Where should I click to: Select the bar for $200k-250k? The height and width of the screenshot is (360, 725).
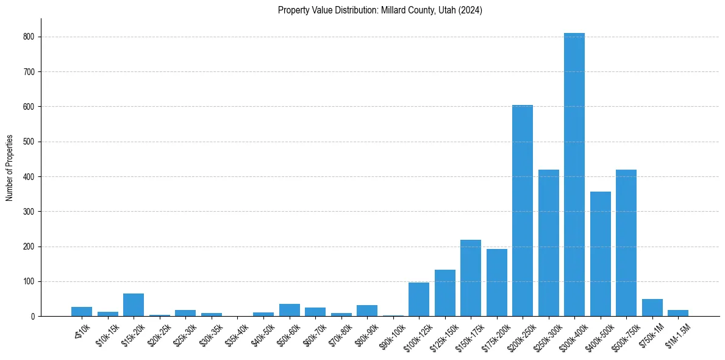pyautogui.click(x=522, y=211)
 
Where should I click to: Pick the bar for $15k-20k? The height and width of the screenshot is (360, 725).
pyautogui.click(x=134, y=305)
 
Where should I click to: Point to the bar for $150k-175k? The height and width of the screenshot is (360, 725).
pyautogui.click(x=470, y=278)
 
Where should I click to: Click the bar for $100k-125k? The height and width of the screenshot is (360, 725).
pyautogui.click(x=418, y=300)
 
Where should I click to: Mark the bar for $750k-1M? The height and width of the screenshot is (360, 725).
pyautogui.click(x=652, y=308)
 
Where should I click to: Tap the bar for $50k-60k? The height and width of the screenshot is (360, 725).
pyautogui.click(x=289, y=310)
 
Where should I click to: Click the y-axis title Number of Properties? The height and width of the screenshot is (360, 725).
pyautogui.click(x=9, y=167)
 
